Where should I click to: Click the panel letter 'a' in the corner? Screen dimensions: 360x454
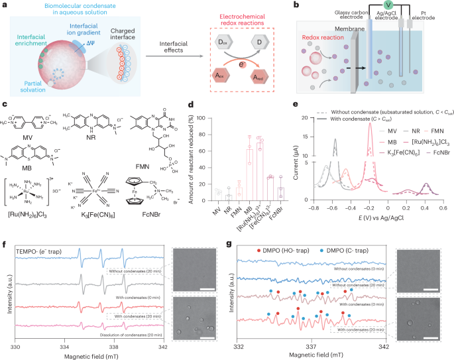click(4, 5)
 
